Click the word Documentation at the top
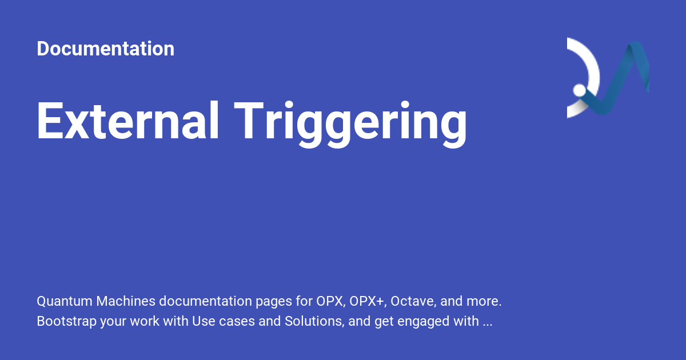pyautogui.click(x=105, y=49)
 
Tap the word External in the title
pyautogui.click(x=128, y=122)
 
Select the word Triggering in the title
pyautogui.click(x=352, y=122)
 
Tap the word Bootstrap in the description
pyautogui.click(x=66, y=321)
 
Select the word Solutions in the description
pyautogui.click(x=313, y=321)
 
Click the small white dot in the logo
pyautogui.click(x=579, y=90)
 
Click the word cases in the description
pyautogui.click(x=235, y=321)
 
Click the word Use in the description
pyautogui.click(x=203, y=321)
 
